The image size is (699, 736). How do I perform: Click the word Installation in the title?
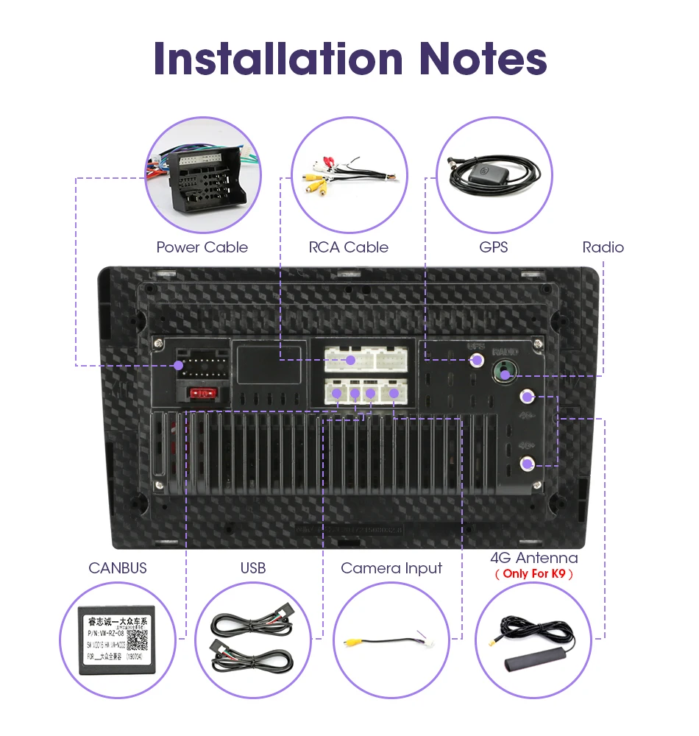(279, 58)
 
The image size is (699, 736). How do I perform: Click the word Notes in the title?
(483, 58)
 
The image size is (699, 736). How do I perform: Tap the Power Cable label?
(202, 247)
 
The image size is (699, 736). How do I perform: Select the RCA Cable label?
(348, 247)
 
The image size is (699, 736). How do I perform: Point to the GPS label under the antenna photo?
(493, 247)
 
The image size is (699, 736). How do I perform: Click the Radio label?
(603, 247)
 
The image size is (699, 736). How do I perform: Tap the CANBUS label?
(118, 567)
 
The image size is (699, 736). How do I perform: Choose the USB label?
(252, 567)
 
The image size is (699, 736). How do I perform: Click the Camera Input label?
(391, 567)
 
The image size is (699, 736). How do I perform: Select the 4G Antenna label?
(533, 558)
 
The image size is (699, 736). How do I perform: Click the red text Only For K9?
(533, 573)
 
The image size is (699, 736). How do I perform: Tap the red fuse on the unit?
(202, 394)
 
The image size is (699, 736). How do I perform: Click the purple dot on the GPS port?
(477, 360)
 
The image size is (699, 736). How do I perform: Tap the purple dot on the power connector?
(178, 365)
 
